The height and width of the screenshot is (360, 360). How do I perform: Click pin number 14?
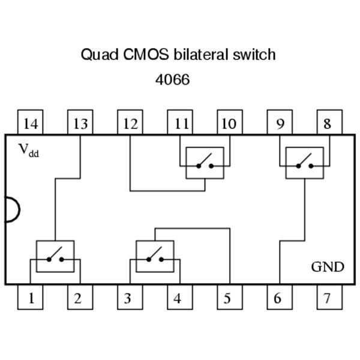point(30,123)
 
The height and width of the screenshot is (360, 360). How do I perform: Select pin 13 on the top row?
point(80,123)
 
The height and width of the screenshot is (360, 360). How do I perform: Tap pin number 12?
point(130,123)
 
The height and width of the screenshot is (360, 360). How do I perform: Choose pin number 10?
point(229,123)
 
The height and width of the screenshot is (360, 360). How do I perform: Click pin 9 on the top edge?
point(280,123)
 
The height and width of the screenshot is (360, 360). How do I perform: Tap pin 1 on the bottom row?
point(30,298)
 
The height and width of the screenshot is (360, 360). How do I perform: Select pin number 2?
point(78,298)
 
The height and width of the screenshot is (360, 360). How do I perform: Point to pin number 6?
point(278,298)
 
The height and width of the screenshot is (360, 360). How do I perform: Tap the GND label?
point(328,266)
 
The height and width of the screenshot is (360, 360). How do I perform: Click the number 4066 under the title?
point(173,79)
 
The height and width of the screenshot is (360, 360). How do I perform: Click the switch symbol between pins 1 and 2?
point(55,257)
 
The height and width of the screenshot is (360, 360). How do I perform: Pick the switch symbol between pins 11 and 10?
point(205,163)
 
